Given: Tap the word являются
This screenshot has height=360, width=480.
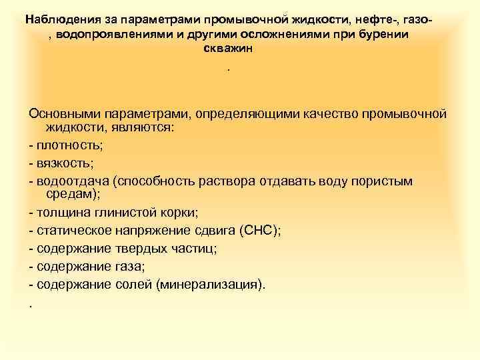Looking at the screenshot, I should coord(141,127).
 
